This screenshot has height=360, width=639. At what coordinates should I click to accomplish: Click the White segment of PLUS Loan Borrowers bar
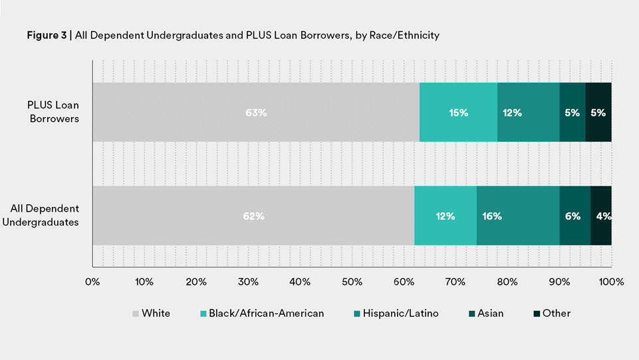click(x=256, y=112)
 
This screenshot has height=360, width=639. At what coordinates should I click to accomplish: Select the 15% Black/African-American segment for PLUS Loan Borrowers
click(x=458, y=112)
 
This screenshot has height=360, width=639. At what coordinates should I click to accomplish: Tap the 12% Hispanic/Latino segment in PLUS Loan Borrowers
click(x=529, y=112)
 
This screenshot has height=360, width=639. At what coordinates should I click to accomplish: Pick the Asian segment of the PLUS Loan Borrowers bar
click(x=573, y=112)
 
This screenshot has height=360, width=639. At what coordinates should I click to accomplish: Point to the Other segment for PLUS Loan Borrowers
click(x=598, y=112)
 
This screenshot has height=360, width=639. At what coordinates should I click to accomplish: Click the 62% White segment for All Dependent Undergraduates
click(x=253, y=216)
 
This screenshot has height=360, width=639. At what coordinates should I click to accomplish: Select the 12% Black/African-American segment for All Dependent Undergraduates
click(x=445, y=216)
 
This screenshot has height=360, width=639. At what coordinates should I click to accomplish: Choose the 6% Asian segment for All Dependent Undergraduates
click(x=575, y=216)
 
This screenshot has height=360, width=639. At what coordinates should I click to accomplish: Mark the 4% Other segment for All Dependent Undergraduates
click(x=601, y=216)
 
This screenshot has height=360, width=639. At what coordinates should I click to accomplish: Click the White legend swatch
click(x=136, y=313)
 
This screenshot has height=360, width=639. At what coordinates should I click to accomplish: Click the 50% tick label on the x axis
click(x=352, y=282)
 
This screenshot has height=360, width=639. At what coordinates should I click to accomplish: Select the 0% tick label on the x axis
click(x=92, y=282)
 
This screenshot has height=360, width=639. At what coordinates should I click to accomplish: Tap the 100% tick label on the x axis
click(x=611, y=282)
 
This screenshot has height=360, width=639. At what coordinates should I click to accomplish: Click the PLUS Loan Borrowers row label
click(x=53, y=112)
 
